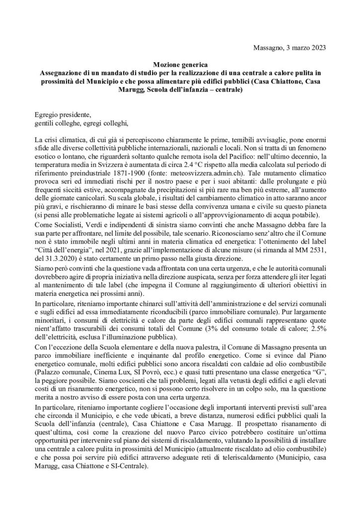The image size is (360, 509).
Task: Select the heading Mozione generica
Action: [180, 64]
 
